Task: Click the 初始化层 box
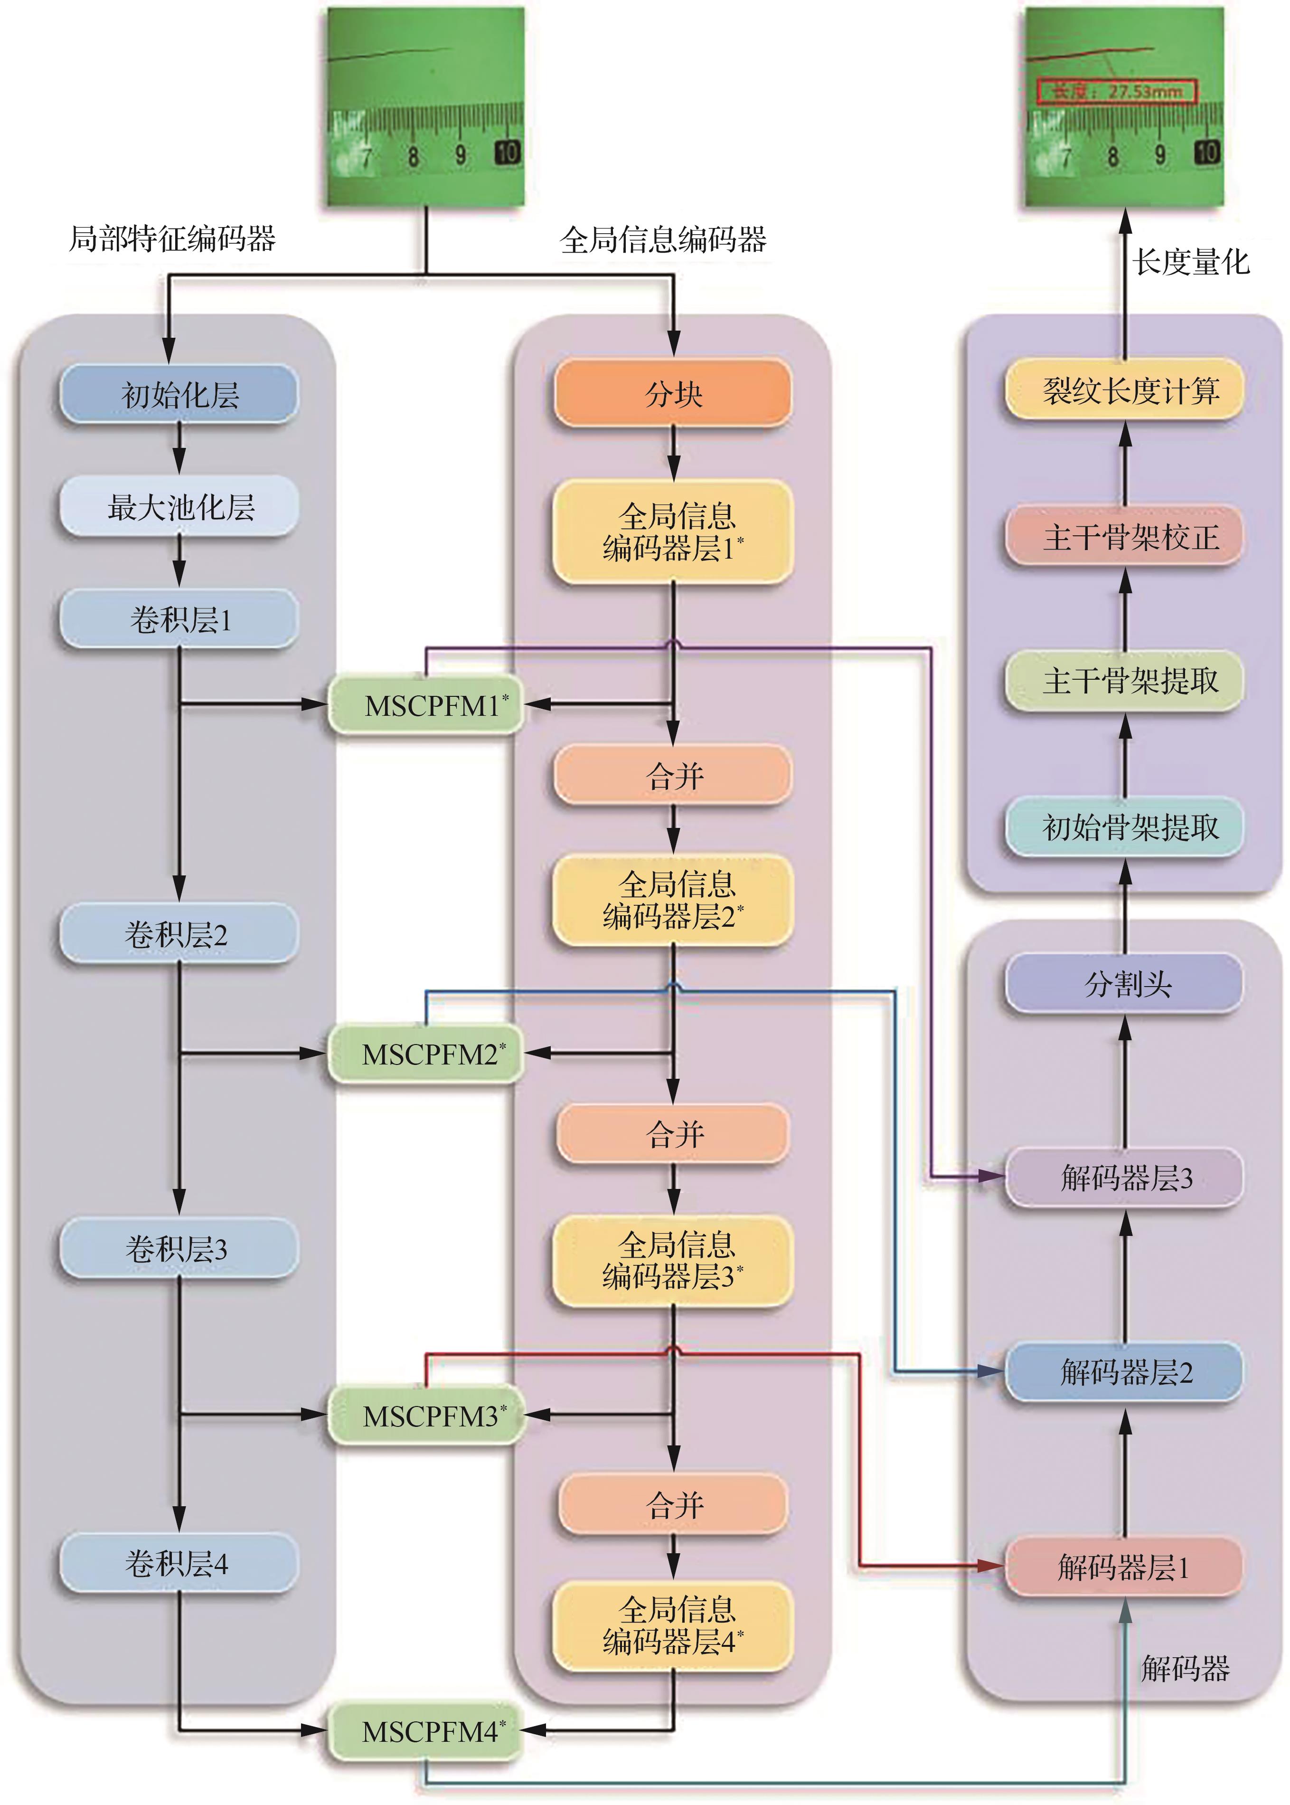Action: click(x=179, y=394)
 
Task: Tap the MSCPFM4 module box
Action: click(x=426, y=1731)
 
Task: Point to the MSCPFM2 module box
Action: click(x=426, y=1054)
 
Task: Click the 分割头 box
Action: click(x=1125, y=984)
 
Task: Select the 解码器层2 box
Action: click(x=1125, y=1372)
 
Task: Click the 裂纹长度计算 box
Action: click(x=1125, y=390)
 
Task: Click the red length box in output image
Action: click(x=1116, y=91)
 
